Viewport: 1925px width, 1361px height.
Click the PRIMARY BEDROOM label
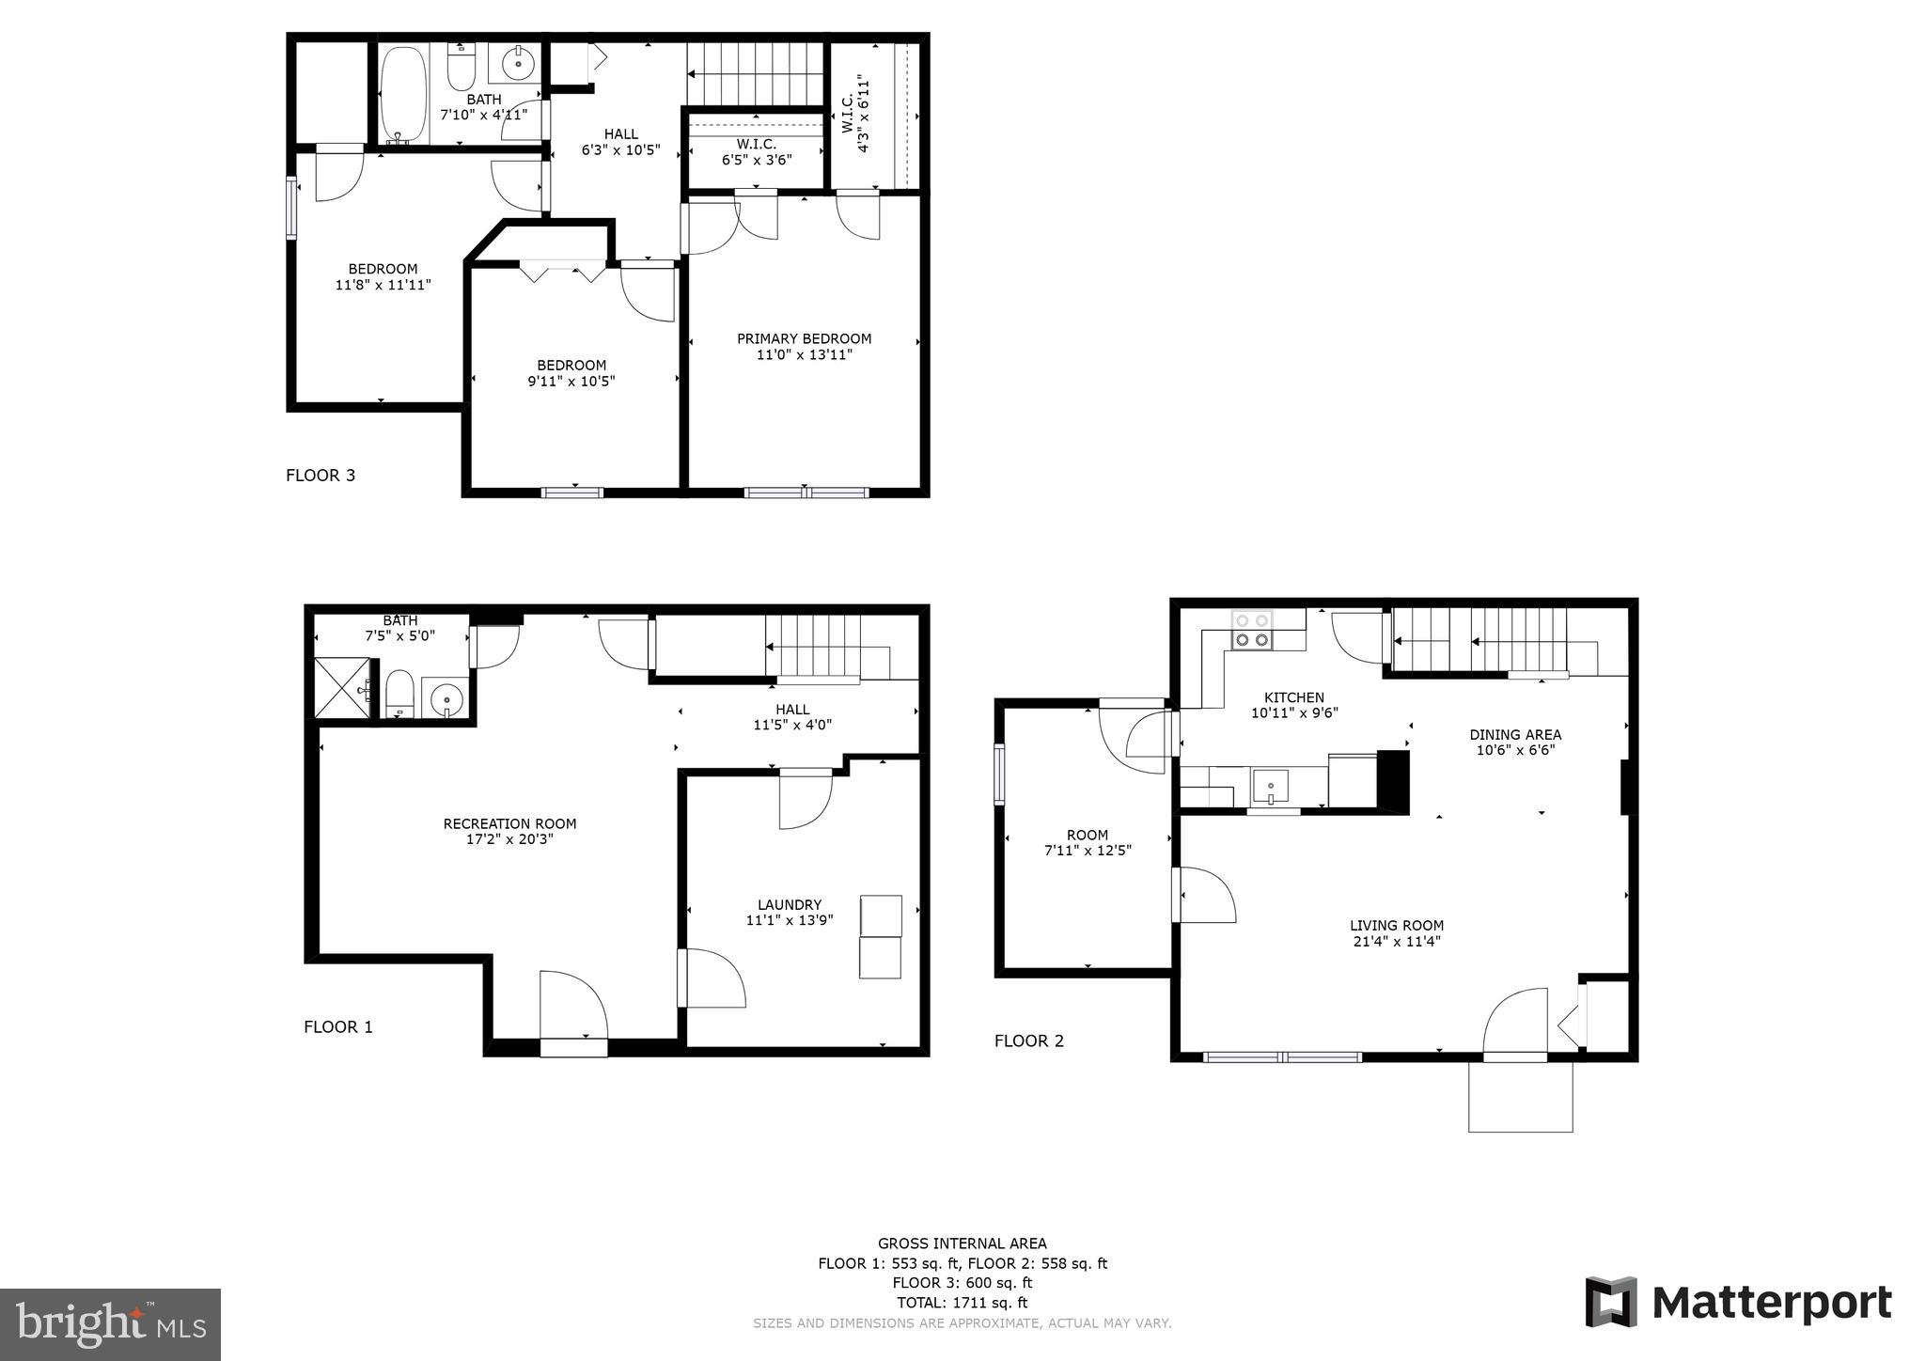point(804,339)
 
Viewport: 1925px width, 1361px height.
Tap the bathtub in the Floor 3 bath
point(402,94)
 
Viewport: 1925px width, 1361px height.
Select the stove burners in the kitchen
point(1251,631)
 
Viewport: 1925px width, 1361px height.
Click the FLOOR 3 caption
point(321,476)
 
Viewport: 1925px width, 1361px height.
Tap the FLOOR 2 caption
point(1029,1040)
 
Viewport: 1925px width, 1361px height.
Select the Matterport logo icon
point(1611,1302)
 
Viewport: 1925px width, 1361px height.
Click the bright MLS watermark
point(110,1324)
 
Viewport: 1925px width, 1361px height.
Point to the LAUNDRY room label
point(790,905)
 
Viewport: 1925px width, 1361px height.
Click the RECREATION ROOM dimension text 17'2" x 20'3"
point(509,839)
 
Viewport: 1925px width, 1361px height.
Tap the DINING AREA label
point(1515,735)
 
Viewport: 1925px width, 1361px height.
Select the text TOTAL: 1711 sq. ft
point(962,1303)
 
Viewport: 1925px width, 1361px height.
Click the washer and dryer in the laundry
point(880,936)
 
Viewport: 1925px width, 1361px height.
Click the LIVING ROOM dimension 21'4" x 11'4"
point(1396,941)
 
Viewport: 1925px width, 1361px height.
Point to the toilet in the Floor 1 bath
point(399,694)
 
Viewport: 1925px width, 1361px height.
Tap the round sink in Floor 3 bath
point(517,64)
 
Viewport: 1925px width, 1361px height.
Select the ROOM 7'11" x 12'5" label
point(1088,842)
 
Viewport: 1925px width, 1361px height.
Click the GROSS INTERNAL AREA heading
point(962,1244)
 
